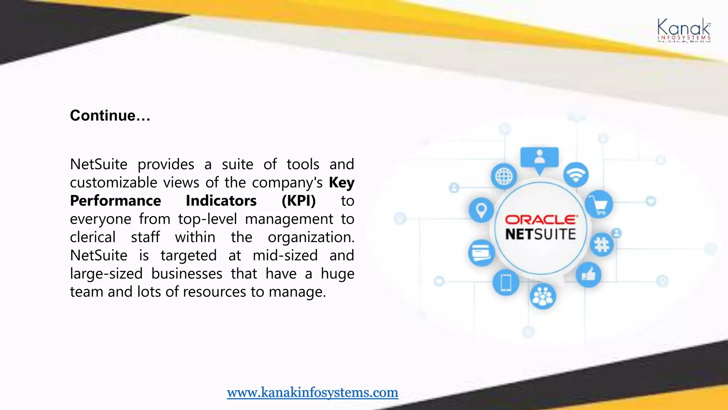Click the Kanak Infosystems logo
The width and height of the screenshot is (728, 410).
coord(684,31)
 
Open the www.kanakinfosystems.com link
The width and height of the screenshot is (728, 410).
coord(312,392)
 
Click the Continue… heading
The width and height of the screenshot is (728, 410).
coord(110,115)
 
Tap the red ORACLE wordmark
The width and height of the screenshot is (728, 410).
coord(541,220)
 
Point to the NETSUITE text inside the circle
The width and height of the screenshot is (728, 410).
coord(541,235)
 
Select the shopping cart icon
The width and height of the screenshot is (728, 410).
coord(599,204)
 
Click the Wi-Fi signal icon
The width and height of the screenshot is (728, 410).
coord(576,175)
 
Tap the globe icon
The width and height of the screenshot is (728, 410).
coord(504,176)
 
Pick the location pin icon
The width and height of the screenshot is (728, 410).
coord(481,210)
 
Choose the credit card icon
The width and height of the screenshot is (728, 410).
coord(481,253)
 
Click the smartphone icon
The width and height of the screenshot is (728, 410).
coord(506,283)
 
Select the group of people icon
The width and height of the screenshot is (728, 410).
coord(543,296)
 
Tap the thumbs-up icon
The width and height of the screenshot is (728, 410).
coord(589,275)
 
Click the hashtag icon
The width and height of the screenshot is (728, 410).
coord(601,245)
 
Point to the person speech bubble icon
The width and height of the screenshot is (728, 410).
coord(539,159)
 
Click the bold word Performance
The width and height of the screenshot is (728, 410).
coord(116,201)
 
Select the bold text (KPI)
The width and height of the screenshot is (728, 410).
coord(299,201)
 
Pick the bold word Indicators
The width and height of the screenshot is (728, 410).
coord(221,201)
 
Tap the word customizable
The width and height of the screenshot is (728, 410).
coord(114,183)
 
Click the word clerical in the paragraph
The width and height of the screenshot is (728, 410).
coord(93,237)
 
